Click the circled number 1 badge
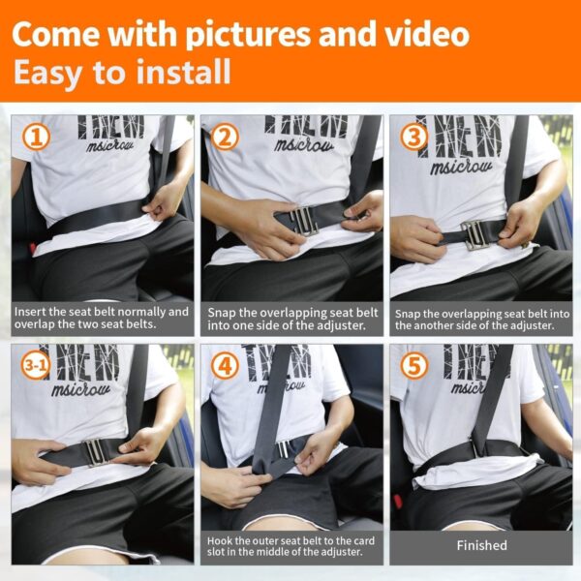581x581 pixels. (x=36, y=138)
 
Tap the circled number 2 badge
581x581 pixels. (x=225, y=137)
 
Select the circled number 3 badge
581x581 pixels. (x=413, y=137)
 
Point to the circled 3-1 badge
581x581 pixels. (x=36, y=365)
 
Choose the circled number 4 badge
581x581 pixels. (x=225, y=365)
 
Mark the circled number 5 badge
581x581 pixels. (x=413, y=365)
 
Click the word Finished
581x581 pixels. (x=481, y=545)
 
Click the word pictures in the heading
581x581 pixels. (x=248, y=35)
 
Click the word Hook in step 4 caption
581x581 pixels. (x=220, y=540)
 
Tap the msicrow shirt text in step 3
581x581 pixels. (x=461, y=168)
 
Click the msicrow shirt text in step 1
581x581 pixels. (x=110, y=145)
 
